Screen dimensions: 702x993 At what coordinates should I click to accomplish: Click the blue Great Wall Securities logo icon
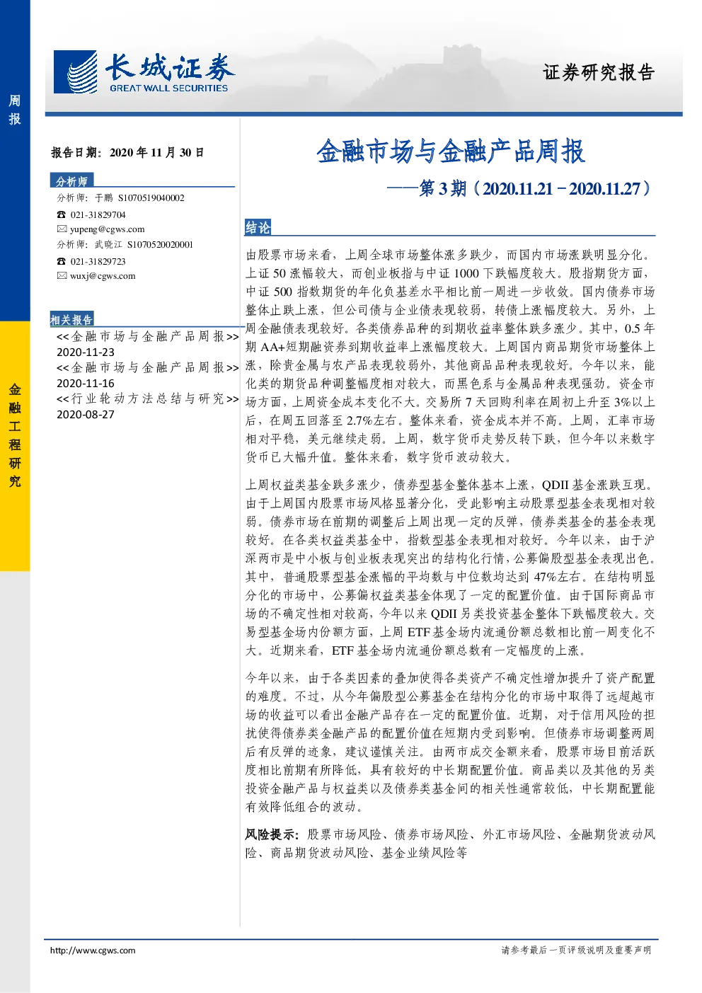coord(75,71)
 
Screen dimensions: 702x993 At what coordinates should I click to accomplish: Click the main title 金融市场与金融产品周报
coord(451,151)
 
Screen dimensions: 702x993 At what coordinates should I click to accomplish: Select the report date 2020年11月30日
coord(156,152)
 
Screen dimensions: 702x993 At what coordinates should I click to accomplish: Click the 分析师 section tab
coord(71,181)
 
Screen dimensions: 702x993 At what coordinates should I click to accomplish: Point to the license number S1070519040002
coord(151,197)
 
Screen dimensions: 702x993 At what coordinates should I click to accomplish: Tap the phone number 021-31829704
coord(98,215)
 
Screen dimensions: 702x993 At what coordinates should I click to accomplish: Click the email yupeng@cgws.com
coord(108,229)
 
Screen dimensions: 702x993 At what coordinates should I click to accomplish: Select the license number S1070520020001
coord(160,245)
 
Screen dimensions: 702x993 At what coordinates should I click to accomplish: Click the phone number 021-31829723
coord(98,262)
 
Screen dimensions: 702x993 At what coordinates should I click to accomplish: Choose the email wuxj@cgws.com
coord(103,276)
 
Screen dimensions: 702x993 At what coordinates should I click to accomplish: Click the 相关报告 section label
coord(71,319)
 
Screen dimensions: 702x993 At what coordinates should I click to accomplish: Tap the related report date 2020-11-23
coord(86,352)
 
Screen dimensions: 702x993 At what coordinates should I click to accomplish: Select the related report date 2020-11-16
coord(86,384)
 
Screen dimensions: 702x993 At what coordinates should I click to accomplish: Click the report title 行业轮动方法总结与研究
coord(148,399)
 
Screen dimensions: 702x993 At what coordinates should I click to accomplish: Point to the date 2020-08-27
coord(86,415)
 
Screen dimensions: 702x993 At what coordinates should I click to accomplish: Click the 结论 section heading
coord(258,227)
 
